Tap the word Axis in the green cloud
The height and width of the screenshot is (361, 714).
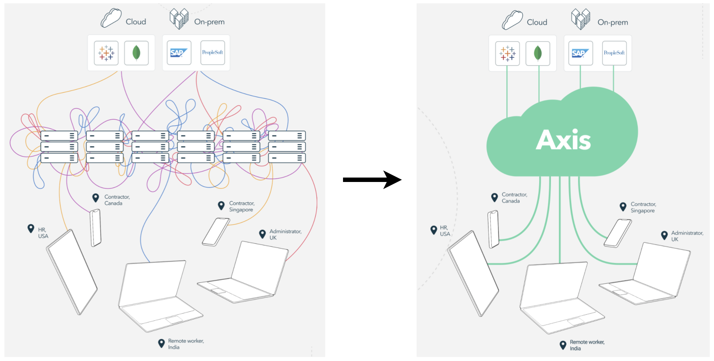pyautogui.click(x=563, y=140)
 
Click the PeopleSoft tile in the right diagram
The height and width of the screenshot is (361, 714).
pyautogui.click(x=614, y=53)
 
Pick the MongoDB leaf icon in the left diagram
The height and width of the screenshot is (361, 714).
pyautogui.click(x=136, y=53)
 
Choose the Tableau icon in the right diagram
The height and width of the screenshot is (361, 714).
pyautogui.click(x=507, y=53)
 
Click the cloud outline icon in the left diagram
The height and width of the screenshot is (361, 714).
pyautogui.click(x=111, y=18)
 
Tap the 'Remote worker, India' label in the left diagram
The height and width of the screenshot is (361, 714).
pyautogui.click(x=185, y=344)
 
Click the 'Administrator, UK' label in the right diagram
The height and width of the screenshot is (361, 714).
pyautogui.click(x=687, y=236)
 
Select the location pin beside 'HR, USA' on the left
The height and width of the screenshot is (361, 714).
pyautogui.click(x=31, y=229)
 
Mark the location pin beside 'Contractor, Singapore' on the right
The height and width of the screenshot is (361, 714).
pyautogui.click(x=623, y=207)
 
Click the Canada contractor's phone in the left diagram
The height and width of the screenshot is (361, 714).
pyautogui.click(x=96, y=228)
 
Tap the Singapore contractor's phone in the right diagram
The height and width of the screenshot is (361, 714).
pyautogui.click(x=618, y=233)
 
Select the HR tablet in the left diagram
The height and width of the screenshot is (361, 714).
pyautogui.click(x=72, y=272)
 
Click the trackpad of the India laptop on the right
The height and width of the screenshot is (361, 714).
pyautogui.click(x=576, y=322)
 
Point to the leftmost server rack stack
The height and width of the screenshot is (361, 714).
pyautogui.click(x=59, y=147)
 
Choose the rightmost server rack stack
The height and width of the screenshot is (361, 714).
pyautogui.click(x=287, y=147)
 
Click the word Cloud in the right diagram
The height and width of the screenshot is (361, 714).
pyautogui.click(x=537, y=22)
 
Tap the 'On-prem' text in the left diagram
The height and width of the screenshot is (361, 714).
pyautogui.click(x=209, y=22)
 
